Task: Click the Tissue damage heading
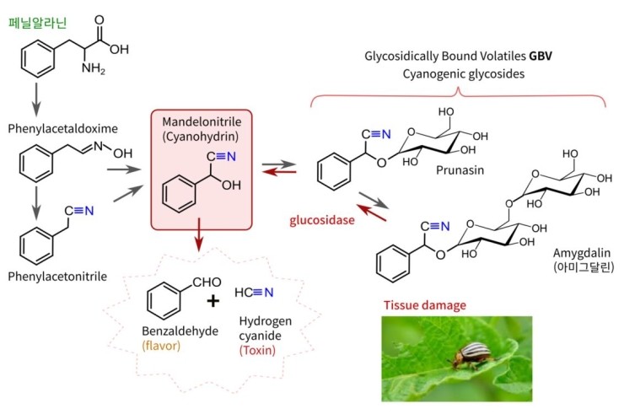click(424, 305)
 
